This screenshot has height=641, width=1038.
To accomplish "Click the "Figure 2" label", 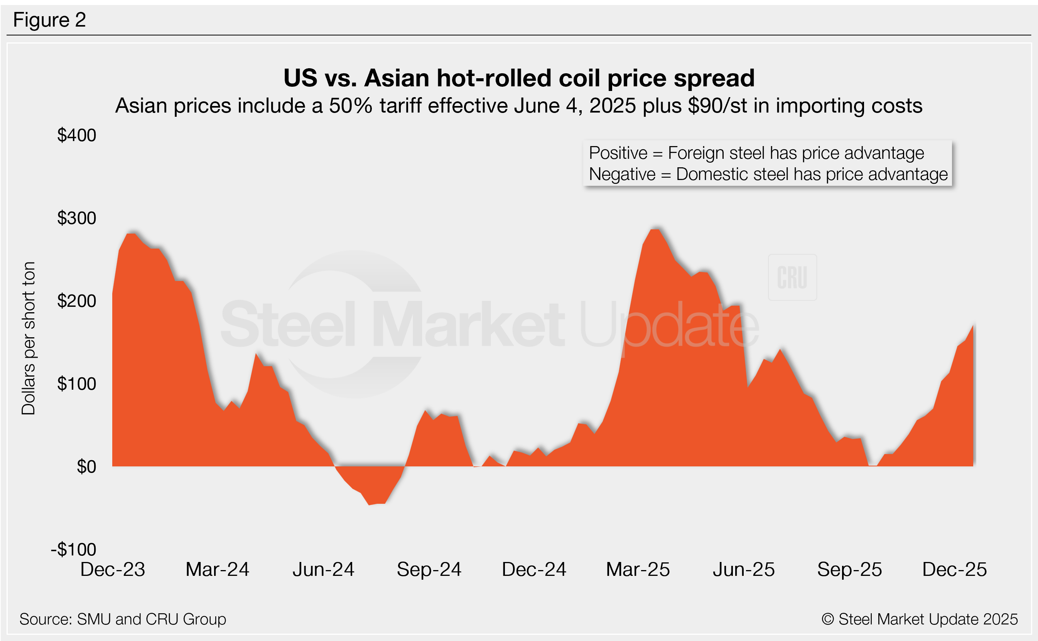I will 49,20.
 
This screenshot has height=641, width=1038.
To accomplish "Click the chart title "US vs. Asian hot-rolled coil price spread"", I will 519,78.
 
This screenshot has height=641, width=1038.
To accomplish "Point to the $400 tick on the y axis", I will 77,135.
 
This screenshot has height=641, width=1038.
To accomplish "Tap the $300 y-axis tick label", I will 77,218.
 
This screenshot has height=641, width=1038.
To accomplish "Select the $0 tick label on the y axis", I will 86,466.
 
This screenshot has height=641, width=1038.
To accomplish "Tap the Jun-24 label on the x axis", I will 323,569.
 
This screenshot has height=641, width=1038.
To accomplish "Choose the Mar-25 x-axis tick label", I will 638,569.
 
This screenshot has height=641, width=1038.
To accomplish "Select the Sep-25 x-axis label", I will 849,569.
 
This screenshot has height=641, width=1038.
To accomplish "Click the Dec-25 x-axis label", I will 954,569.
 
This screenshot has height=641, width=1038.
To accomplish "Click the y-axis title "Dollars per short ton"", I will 29,338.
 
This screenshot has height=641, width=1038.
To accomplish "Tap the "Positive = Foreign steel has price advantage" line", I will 756,153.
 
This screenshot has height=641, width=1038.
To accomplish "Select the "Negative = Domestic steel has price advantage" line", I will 768,174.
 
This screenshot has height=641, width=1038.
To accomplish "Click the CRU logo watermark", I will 792,278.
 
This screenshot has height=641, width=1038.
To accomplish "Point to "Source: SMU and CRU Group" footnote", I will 123,619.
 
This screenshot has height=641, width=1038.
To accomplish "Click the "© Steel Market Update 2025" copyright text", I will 919,619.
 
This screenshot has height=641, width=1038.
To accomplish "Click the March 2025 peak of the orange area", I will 655,230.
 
